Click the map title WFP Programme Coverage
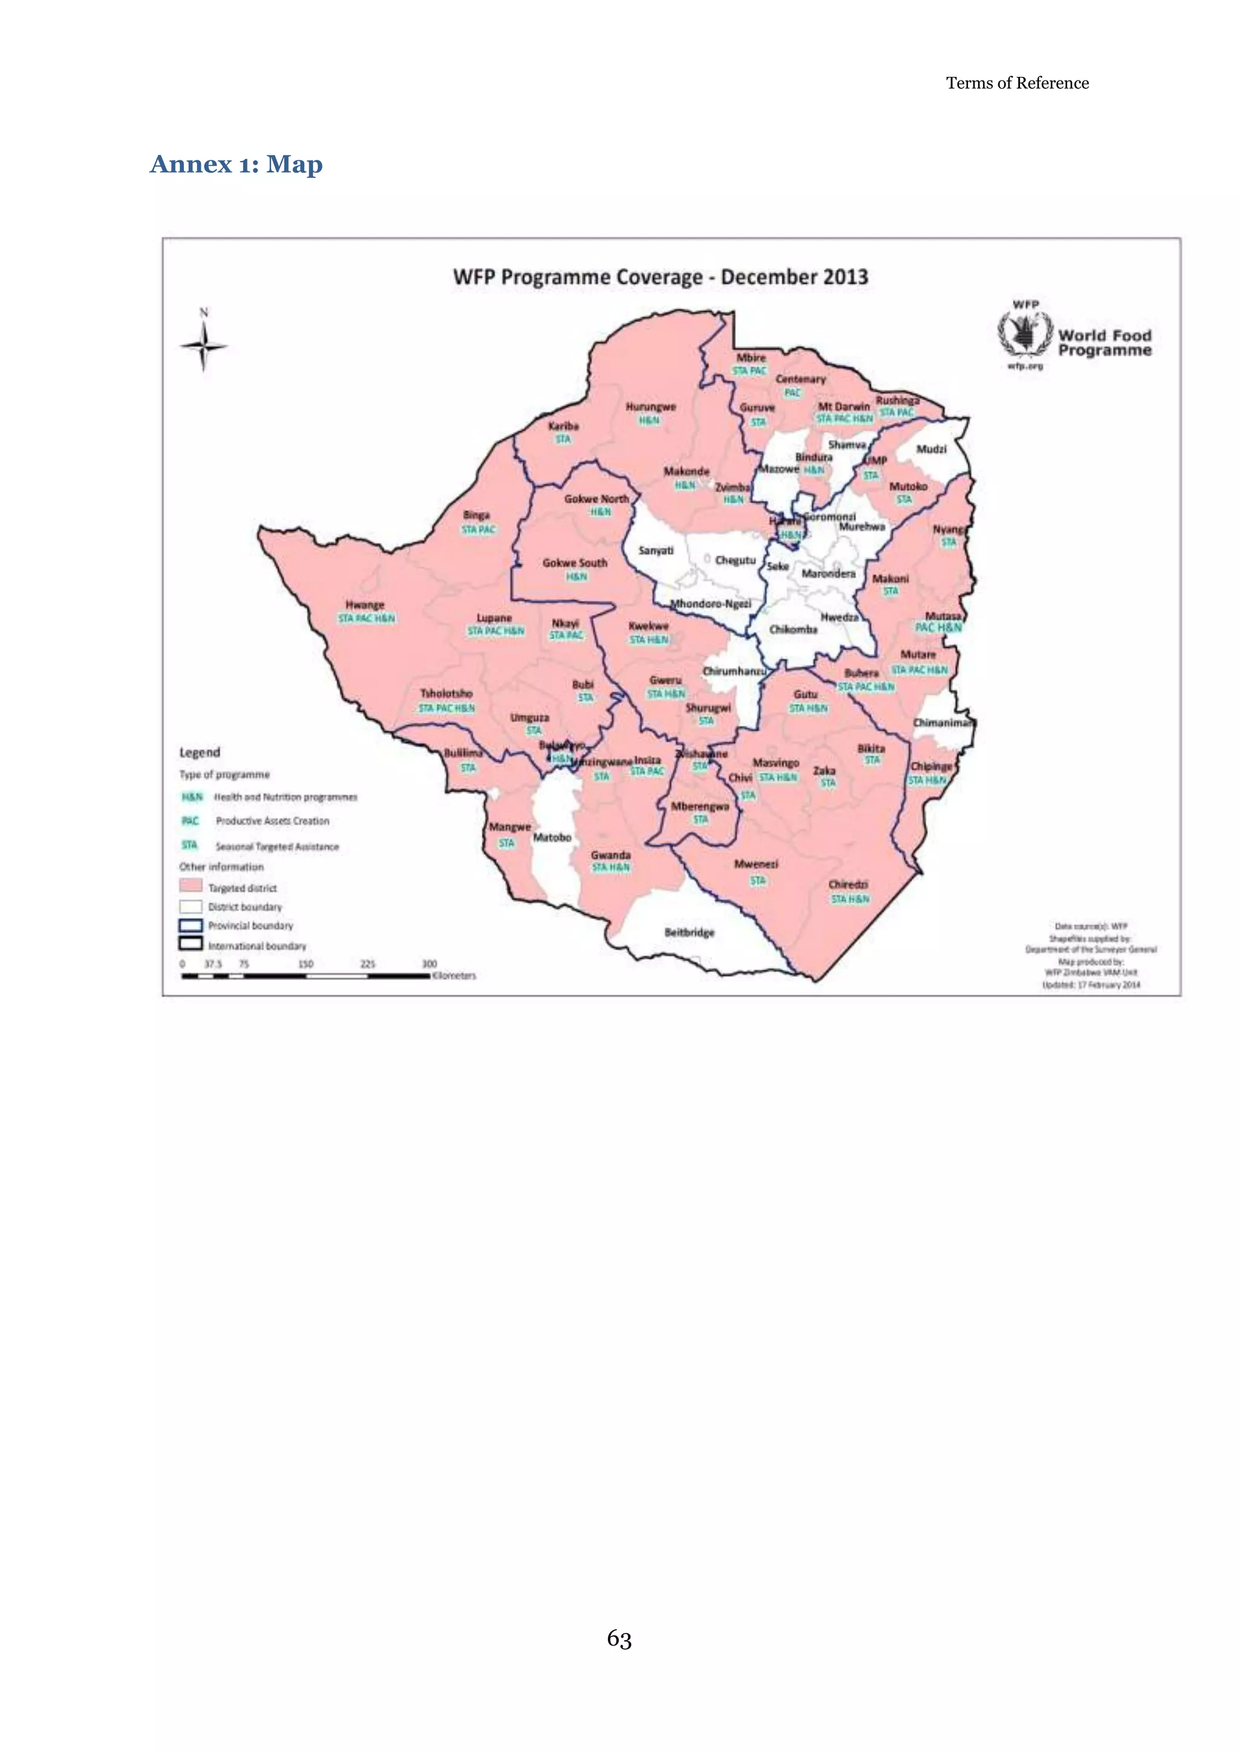660,276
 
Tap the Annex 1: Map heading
237,164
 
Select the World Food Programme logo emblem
1025,333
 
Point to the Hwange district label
365,604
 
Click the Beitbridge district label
689,932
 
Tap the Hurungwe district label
650,407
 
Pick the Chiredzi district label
848,884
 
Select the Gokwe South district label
575,563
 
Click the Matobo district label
552,837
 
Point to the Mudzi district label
931,449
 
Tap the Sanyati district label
655,550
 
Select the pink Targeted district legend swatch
191,886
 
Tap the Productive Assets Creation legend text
272,821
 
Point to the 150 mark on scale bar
305,964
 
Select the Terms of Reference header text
1017,83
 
